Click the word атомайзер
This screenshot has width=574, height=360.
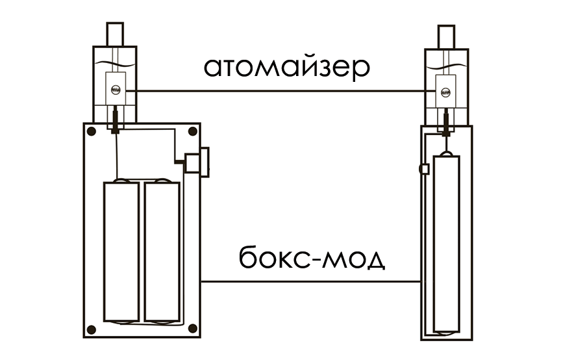click(286, 67)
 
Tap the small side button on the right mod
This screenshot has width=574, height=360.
click(425, 169)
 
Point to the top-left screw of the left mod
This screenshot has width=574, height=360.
click(92, 132)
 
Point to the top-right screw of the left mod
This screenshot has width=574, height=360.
click(192, 132)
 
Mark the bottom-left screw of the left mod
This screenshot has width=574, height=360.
click(92, 329)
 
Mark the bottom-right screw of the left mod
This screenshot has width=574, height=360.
click(192, 329)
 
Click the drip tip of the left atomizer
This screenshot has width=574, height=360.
click(114, 32)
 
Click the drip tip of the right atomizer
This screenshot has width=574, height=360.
click(446, 36)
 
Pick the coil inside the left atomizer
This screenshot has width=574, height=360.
click(116, 90)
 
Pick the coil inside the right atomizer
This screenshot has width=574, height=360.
click(446, 92)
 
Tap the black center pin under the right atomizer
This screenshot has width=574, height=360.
click(446, 121)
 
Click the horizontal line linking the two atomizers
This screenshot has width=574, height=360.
click(279, 90)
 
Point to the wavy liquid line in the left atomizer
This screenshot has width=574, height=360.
click(114, 63)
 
